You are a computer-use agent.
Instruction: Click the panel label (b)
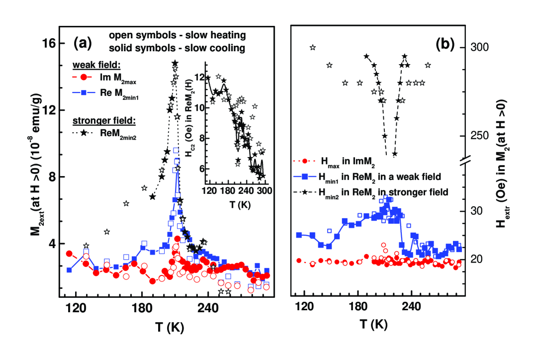446,44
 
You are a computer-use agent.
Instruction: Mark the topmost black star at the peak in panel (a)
175,63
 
